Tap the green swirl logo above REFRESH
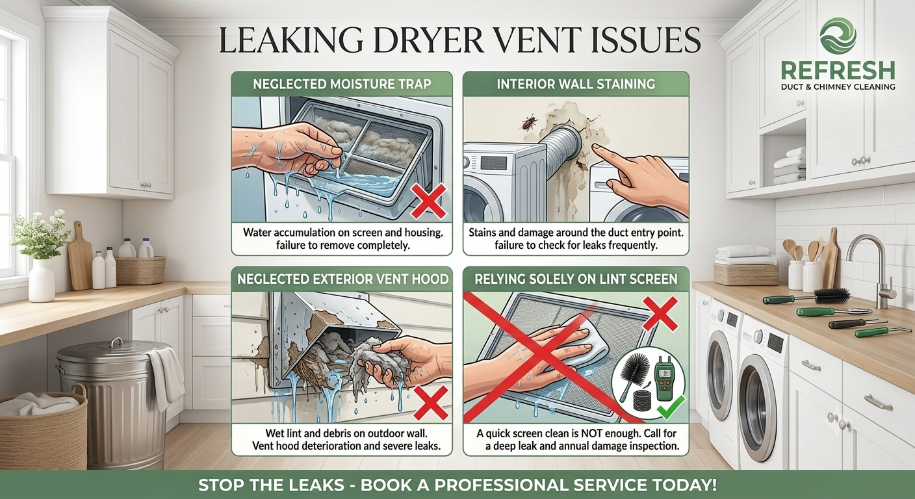(x=838, y=36)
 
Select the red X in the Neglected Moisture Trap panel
(x=428, y=201)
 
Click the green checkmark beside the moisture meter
(x=671, y=407)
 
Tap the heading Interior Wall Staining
(x=576, y=84)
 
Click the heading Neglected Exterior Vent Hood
(x=342, y=279)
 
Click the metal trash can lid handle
(x=116, y=341)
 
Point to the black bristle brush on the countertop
(x=831, y=295)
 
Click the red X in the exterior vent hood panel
(x=431, y=403)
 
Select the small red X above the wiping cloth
(x=660, y=314)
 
